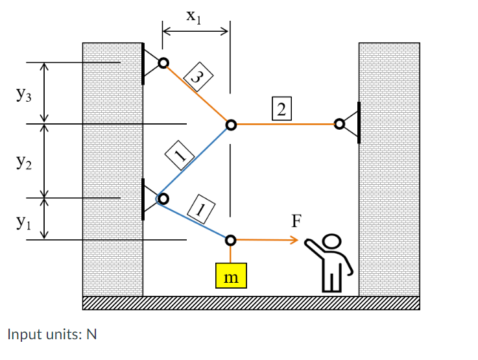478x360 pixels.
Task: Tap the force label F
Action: [296, 221]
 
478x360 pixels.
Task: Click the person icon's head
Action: [332, 242]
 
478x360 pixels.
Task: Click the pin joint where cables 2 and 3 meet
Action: [230, 124]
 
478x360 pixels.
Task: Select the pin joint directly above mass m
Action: [230, 240]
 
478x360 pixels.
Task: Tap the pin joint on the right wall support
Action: [339, 123]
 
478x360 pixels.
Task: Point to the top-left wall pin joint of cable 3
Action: [163, 63]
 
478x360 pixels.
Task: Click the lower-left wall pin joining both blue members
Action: [162, 198]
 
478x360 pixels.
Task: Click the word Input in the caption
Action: [24, 335]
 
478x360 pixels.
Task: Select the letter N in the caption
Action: [91, 335]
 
